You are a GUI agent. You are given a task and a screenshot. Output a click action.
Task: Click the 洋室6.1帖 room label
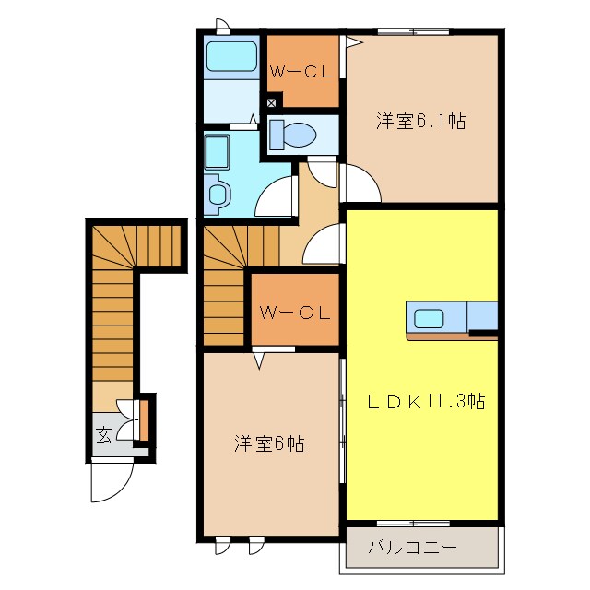pos(420,120)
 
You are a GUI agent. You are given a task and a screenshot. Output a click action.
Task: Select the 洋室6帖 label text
pos(268,443)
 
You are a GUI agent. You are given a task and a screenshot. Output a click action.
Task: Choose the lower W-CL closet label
pos(294,313)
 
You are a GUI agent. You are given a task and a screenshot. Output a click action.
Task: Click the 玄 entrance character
pos(103,433)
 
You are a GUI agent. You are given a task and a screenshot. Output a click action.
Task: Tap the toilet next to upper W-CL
pos(295,136)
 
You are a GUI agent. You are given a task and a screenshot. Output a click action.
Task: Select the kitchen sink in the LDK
pos(429,319)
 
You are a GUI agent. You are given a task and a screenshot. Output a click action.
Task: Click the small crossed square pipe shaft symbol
pos(271,103)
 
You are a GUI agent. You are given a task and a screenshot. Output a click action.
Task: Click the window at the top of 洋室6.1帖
pos(413,32)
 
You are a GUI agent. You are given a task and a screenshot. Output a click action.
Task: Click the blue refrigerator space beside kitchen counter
pos(483,315)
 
